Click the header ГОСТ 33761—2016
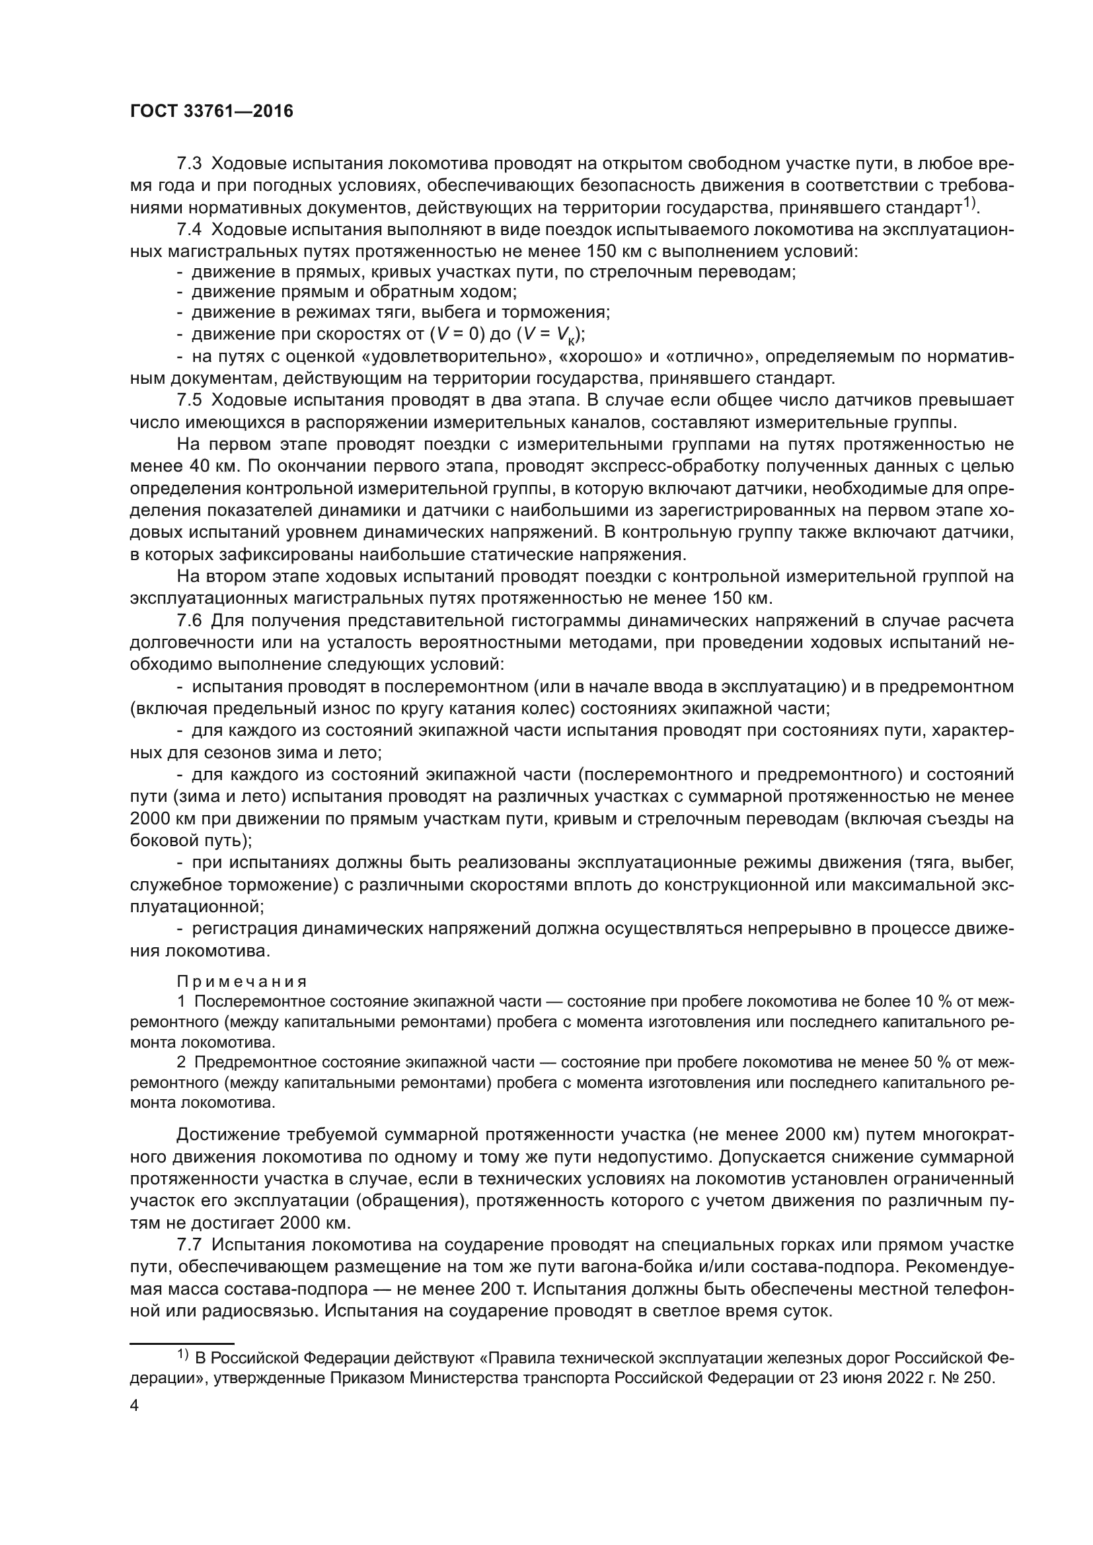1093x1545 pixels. (211, 112)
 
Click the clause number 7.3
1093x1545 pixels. (189, 164)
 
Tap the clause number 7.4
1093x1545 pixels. (189, 229)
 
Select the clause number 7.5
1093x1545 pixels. (189, 400)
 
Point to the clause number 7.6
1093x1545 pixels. (189, 620)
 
